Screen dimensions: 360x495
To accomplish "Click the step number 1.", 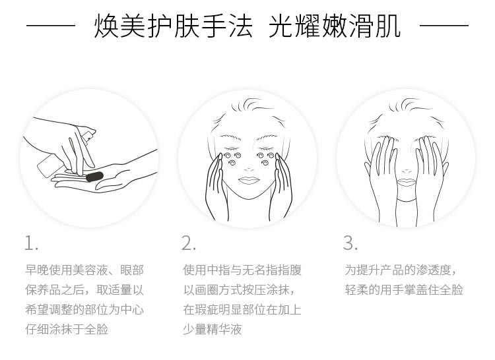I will (31, 243).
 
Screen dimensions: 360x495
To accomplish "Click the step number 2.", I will (189, 243).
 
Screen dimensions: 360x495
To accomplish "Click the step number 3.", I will (349, 243).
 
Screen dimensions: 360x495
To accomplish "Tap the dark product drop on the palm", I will (94, 175).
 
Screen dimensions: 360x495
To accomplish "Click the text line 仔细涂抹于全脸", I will (67, 329).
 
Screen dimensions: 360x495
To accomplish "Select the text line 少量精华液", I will (212, 329).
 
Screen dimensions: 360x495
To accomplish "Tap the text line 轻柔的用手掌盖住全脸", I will (404, 289).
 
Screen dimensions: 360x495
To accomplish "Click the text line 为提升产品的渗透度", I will (400, 270).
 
